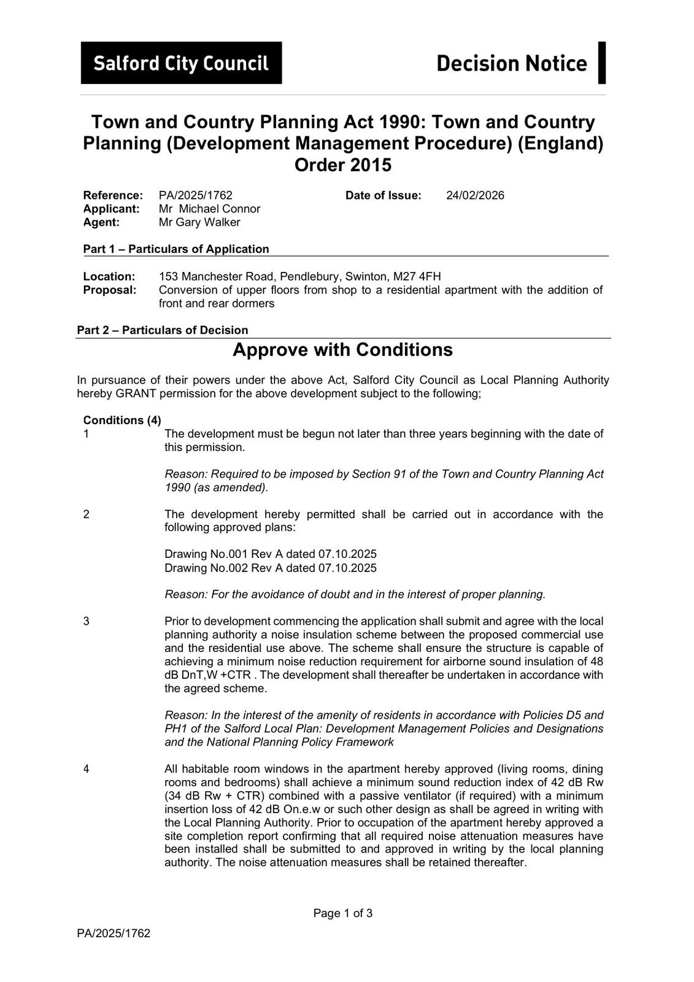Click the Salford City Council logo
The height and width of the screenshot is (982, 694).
[x=181, y=63]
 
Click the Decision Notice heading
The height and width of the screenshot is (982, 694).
[x=511, y=63]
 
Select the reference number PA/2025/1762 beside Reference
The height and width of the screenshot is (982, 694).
[x=196, y=195]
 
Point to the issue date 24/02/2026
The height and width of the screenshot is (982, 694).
[x=475, y=195]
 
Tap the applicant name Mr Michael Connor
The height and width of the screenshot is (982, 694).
[x=209, y=209]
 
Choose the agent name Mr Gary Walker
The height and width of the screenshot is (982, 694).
[x=199, y=222]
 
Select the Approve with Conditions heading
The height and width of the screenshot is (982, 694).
[x=342, y=350]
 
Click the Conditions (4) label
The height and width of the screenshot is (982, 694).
[x=122, y=420]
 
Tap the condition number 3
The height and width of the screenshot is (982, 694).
[x=87, y=621]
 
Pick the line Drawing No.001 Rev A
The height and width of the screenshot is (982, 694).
[x=271, y=554]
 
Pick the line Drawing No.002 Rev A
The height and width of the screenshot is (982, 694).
[x=271, y=568]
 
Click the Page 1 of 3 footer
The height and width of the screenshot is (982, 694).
[x=343, y=913]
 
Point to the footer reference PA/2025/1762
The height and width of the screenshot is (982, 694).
[x=114, y=934]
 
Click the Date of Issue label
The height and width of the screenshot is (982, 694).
[x=384, y=195]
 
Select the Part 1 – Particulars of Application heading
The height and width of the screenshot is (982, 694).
[x=176, y=249]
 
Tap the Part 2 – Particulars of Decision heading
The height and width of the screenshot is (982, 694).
[x=163, y=330]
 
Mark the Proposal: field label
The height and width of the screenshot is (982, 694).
[x=110, y=290]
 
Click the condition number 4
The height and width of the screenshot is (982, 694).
[x=87, y=769]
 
